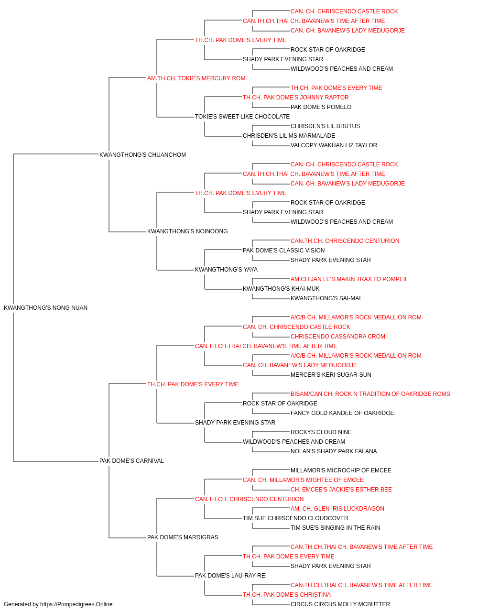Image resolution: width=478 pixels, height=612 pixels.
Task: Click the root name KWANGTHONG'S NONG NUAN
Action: (45, 307)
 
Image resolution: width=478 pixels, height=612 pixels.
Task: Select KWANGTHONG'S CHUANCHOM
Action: (142, 154)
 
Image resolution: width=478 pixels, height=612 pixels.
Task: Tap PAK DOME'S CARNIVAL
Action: (131, 461)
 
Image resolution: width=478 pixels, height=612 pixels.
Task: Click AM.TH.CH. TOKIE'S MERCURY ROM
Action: (196, 78)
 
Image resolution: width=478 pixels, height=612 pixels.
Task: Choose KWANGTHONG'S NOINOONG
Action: (187, 231)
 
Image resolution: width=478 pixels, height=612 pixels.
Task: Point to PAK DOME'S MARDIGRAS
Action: (183, 537)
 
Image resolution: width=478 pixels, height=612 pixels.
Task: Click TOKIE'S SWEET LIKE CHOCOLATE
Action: (242, 117)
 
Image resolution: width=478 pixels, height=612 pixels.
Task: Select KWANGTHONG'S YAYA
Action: (226, 270)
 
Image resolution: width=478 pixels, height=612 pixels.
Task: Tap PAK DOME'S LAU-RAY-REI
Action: (231, 575)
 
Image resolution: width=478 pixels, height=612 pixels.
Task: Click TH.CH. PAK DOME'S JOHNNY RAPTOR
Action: (295, 98)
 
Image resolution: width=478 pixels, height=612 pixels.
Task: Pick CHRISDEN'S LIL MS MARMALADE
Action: (289, 136)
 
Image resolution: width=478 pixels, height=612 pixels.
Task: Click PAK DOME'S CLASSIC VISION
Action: (284, 251)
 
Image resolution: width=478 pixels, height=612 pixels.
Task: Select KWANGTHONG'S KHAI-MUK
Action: (281, 289)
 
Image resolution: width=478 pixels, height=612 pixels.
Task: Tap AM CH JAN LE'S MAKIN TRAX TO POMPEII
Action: (348, 279)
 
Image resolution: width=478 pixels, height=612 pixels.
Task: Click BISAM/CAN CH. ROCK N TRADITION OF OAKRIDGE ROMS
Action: (370, 393)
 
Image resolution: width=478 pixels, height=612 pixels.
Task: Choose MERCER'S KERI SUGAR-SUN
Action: (331, 374)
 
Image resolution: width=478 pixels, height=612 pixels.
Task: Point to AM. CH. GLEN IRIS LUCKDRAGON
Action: (337, 508)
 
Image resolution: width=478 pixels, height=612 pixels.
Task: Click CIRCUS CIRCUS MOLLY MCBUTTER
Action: (340, 604)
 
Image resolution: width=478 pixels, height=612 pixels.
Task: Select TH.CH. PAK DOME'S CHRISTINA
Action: (287, 594)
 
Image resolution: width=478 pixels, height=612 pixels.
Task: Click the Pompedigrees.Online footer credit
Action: (58, 604)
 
